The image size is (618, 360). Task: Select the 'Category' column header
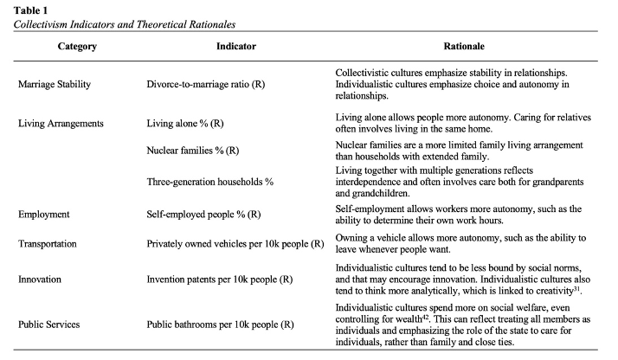(77, 46)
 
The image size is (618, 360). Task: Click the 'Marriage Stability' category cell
(58, 85)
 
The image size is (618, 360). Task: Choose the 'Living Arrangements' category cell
(61, 124)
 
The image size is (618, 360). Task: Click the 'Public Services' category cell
(53, 325)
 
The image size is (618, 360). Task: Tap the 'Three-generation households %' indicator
(210, 182)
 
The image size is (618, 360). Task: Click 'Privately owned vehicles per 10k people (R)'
(235, 245)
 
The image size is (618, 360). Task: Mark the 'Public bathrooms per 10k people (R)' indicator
(222, 325)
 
